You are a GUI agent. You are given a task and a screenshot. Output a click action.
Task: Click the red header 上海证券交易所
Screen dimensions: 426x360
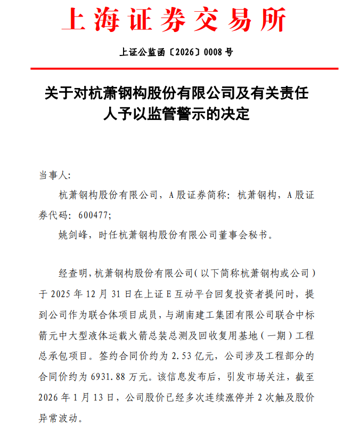[x=174, y=20]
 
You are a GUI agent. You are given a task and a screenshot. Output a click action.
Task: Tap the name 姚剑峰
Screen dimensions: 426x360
[x=73, y=234]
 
